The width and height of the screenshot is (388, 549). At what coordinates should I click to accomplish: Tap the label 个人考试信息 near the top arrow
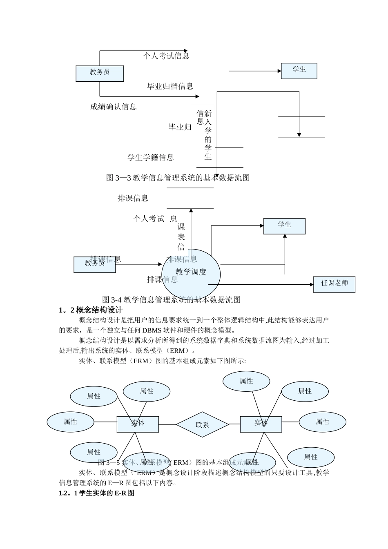coord(166,56)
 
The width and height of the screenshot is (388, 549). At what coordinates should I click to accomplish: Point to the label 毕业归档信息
coord(170,86)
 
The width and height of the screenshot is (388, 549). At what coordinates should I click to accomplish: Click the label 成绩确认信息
coord(114,107)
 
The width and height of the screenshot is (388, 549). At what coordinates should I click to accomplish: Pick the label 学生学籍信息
coord(151,157)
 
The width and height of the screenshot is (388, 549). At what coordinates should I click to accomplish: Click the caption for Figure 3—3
coord(178,178)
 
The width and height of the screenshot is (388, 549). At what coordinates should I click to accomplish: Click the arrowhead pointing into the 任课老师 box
coord(311,284)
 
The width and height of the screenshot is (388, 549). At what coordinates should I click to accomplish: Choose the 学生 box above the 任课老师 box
coord(284,226)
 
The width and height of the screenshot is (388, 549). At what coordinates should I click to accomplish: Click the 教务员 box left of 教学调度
coord(95,264)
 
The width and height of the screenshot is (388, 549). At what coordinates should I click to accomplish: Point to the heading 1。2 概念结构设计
coord(91,310)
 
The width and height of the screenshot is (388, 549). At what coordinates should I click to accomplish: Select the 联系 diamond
coord(202,424)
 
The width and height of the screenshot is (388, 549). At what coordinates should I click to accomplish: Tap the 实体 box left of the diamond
coord(138,424)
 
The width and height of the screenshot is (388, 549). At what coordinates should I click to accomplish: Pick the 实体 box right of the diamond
coord(261,424)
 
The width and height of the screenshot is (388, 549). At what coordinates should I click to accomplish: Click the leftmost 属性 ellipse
coord(70,422)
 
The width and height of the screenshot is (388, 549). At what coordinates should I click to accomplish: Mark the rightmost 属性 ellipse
coord(322,422)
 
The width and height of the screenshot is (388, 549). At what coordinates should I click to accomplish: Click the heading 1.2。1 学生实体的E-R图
coord(97,493)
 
